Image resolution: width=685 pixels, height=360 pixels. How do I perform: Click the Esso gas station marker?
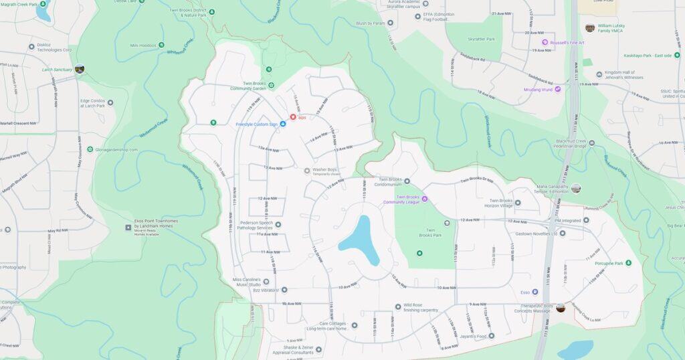coord(534,292)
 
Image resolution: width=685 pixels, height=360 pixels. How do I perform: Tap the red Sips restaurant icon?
coord(293,117)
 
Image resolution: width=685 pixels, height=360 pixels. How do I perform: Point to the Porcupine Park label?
coord(605,263)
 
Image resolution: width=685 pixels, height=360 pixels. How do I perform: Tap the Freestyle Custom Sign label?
coord(257,124)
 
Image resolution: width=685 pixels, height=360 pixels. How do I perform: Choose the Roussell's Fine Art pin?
coord(566,42)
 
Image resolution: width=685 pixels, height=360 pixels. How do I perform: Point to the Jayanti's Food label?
coord(472,336)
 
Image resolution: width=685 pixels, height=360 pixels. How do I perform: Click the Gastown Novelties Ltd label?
coord(536,234)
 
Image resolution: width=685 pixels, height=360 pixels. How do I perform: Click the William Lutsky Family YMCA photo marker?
coord(589,28)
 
